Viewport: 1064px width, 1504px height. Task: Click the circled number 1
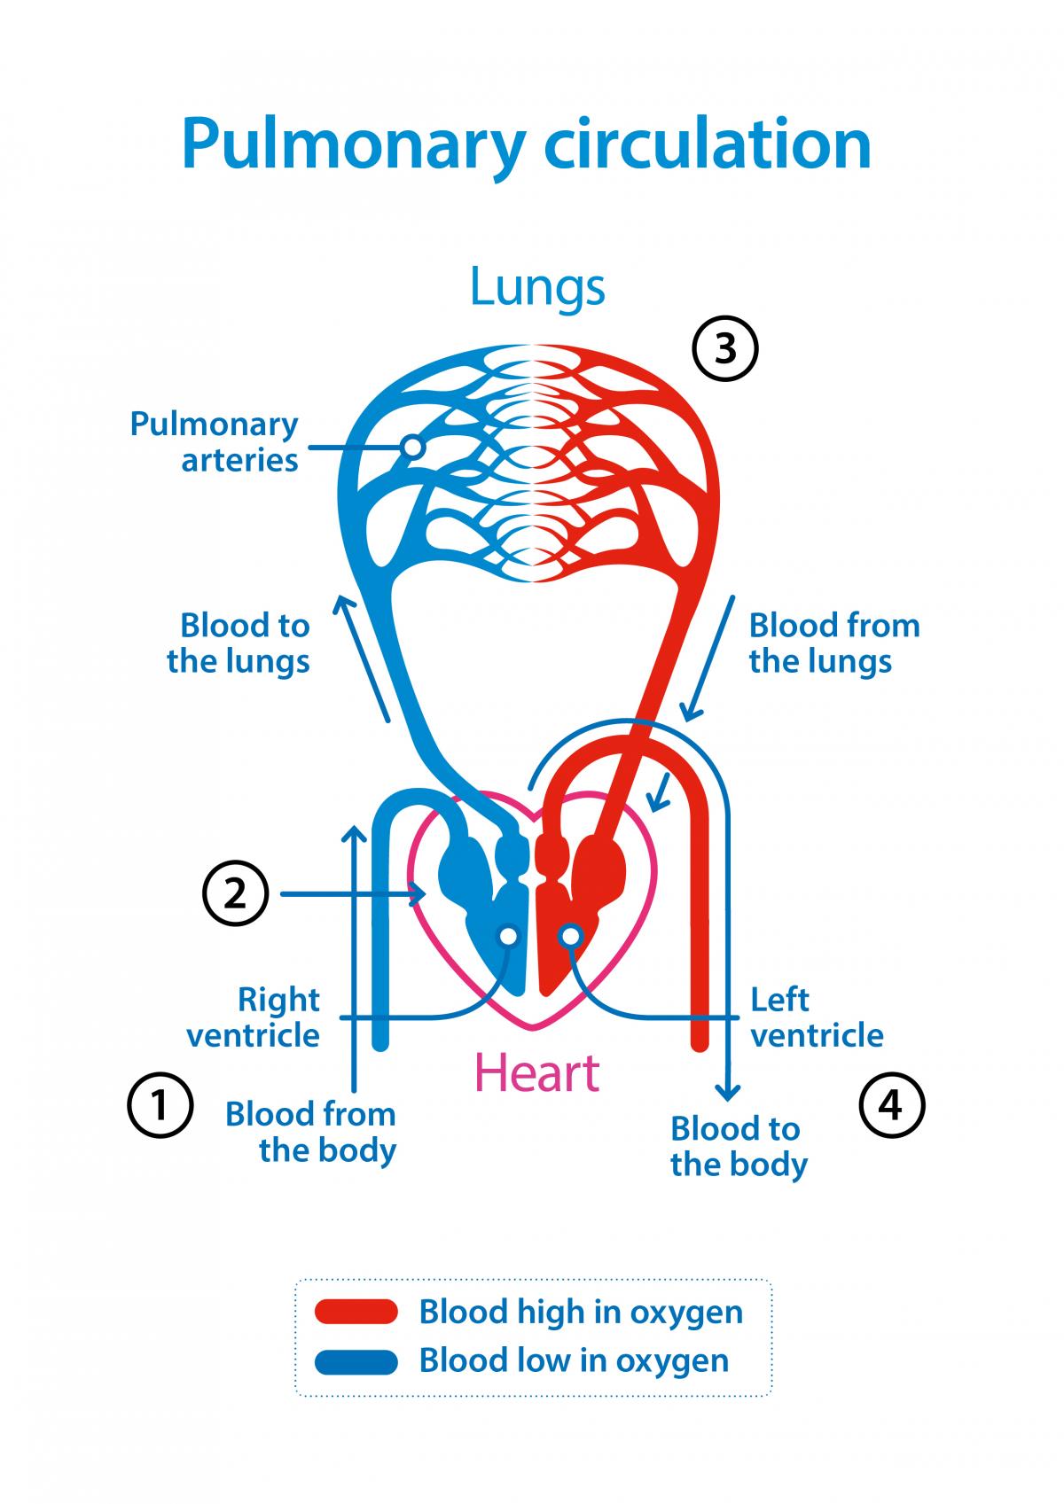point(160,1105)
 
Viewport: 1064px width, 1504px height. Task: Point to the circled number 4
point(892,1105)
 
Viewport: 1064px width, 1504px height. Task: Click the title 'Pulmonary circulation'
point(527,144)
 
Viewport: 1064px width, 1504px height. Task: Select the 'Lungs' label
point(537,286)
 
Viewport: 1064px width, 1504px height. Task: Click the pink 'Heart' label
point(537,1072)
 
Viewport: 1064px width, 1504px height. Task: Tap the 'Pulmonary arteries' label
point(215,441)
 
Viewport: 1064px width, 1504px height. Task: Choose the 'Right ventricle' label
point(254,1017)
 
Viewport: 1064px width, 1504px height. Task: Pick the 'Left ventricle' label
point(817,1017)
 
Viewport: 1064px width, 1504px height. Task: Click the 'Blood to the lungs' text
point(239,643)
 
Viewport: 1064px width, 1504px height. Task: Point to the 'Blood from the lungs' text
point(833,643)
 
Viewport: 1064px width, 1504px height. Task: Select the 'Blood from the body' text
point(310,1132)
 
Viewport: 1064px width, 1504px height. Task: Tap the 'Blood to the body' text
point(739,1146)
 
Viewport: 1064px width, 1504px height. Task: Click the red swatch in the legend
point(356,1312)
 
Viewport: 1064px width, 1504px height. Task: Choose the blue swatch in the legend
point(356,1361)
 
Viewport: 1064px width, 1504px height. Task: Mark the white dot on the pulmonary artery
point(411,447)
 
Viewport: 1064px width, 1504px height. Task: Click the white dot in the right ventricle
point(508,935)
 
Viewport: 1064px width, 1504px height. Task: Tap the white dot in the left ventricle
point(572,935)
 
